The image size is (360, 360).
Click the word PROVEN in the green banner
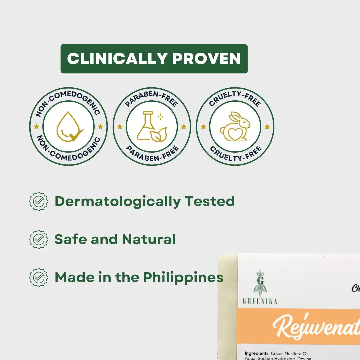[x=207, y=59]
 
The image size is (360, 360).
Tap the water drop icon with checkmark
[x=69, y=127]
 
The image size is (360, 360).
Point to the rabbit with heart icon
[x=235, y=127]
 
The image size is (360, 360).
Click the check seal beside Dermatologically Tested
[x=39, y=201]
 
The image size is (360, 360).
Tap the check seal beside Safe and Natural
[x=39, y=239]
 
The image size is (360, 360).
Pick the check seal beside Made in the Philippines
[x=39, y=277]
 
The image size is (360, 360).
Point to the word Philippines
[x=183, y=277]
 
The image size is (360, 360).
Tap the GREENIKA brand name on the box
[x=260, y=301]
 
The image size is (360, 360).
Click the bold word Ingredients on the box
[x=257, y=353]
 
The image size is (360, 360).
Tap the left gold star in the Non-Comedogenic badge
[x=37, y=127]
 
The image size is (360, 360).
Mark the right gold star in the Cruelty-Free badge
[x=267, y=127]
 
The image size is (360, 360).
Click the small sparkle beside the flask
[x=160, y=117]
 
